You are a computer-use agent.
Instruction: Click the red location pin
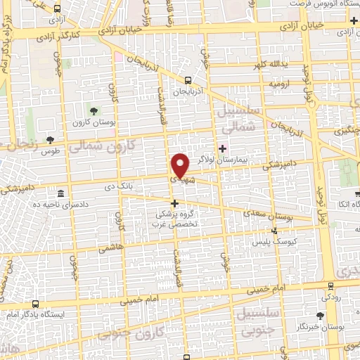[x=180, y=166]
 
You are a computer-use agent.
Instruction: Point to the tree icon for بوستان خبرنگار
[x=321, y=316]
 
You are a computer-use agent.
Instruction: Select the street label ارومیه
[x=278, y=84]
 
